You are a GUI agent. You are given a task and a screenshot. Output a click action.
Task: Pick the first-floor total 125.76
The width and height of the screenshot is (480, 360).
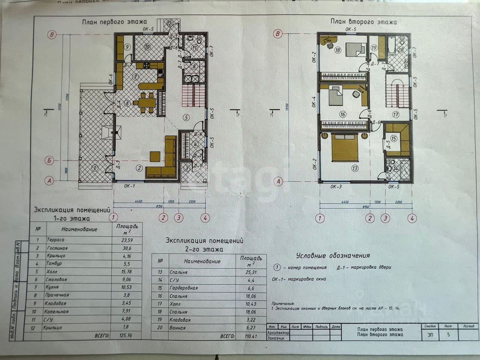click(126, 335)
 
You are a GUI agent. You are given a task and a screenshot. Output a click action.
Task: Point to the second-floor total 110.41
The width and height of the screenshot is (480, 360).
click(251, 336)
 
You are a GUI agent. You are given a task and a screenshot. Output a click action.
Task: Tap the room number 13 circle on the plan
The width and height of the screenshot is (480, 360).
click(354, 168)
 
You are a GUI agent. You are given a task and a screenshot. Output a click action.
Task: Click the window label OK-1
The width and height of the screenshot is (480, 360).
click(129, 186)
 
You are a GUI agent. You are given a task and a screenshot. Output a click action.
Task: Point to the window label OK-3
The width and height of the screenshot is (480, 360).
click(336, 186)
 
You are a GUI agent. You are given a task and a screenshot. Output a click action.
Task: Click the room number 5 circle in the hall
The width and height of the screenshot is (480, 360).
click(186, 117)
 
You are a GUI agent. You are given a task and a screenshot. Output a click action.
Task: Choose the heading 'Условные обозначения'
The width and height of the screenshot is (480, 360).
click(333, 255)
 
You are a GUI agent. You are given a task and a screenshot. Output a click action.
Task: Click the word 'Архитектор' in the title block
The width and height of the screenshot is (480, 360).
click(278, 332)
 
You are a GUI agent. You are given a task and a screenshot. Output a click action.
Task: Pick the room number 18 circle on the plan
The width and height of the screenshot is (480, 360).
click(338, 50)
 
